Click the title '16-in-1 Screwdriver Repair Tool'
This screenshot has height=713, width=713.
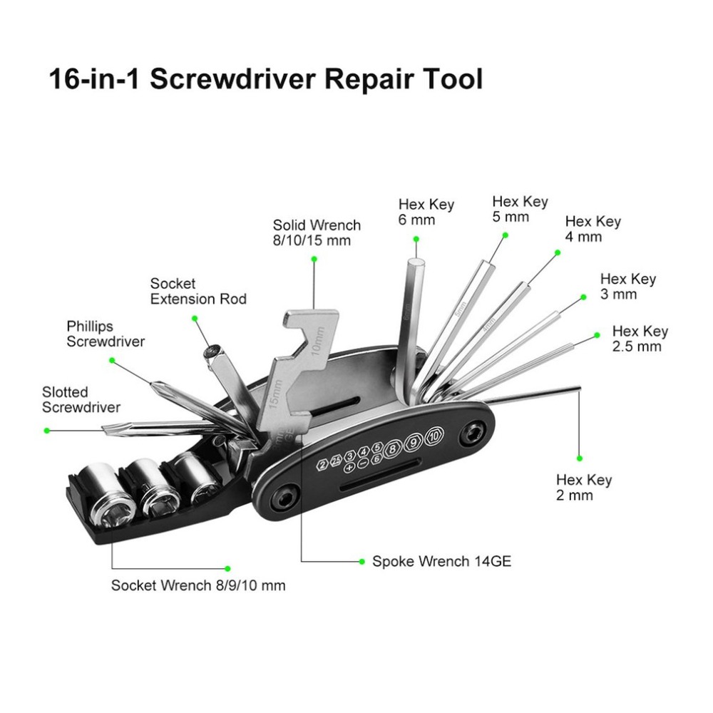[x=265, y=79]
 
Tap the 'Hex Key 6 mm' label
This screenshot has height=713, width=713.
[x=426, y=212]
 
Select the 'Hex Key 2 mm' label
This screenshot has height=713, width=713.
[x=584, y=487]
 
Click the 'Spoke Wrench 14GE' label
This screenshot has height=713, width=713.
[x=441, y=561]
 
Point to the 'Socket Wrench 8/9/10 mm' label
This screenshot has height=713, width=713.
[x=198, y=585]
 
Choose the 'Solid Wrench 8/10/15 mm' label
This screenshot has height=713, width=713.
[x=317, y=232]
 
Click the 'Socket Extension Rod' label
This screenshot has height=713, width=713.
[x=198, y=291]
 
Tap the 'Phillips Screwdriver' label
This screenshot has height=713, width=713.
[x=106, y=334]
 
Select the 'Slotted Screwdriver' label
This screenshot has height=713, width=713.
[x=81, y=399]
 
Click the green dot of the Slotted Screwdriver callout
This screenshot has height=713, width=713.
[x=47, y=430]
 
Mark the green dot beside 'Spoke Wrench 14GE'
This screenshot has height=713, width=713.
[x=362, y=562]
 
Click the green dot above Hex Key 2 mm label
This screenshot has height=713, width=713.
[x=580, y=458]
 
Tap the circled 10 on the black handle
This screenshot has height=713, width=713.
[x=435, y=436]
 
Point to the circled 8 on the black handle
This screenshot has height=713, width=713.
[x=392, y=450]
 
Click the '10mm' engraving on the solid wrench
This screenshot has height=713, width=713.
[x=318, y=341]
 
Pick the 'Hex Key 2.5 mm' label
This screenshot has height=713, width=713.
[x=640, y=339]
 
